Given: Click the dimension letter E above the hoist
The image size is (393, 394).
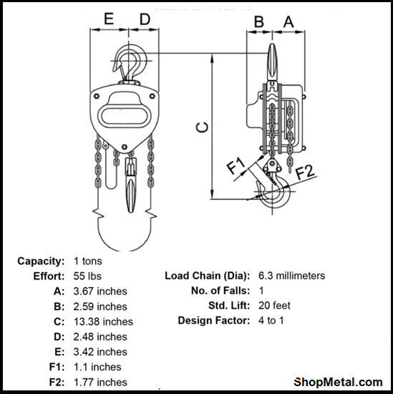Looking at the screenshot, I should (110, 19).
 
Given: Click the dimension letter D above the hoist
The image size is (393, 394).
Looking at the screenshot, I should (145, 19).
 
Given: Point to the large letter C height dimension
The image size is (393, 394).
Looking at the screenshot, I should (203, 127).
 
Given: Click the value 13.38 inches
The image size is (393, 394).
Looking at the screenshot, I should (103, 322).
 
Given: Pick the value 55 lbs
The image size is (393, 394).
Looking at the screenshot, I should (88, 276).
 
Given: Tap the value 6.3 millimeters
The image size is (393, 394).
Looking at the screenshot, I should (291, 276).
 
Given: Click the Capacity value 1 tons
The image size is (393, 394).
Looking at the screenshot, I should (88, 261).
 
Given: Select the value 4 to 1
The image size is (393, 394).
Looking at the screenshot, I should (271, 320).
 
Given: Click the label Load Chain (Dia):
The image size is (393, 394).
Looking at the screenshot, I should (207, 276).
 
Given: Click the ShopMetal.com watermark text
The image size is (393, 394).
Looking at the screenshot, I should (339, 382).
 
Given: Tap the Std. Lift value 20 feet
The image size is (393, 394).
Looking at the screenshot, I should (274, 305).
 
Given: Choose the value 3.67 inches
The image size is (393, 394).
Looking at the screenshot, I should (100, 291).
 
